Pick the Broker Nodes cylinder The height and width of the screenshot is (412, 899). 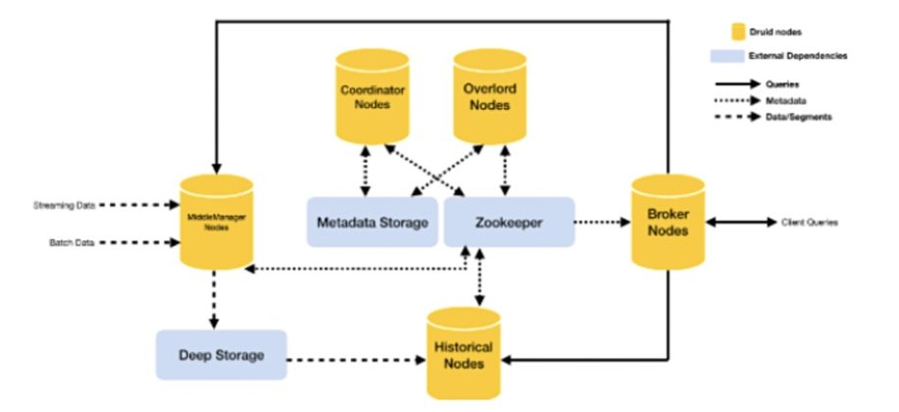668,223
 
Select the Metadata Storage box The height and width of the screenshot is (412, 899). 373,223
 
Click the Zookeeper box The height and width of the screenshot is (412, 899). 508,223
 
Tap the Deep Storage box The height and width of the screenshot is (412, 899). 221,354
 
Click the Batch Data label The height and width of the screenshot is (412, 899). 73,241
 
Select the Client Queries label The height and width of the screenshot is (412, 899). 809,223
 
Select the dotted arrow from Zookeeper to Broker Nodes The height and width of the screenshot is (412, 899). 600,223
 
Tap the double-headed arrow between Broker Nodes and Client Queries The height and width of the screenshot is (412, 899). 739,223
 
